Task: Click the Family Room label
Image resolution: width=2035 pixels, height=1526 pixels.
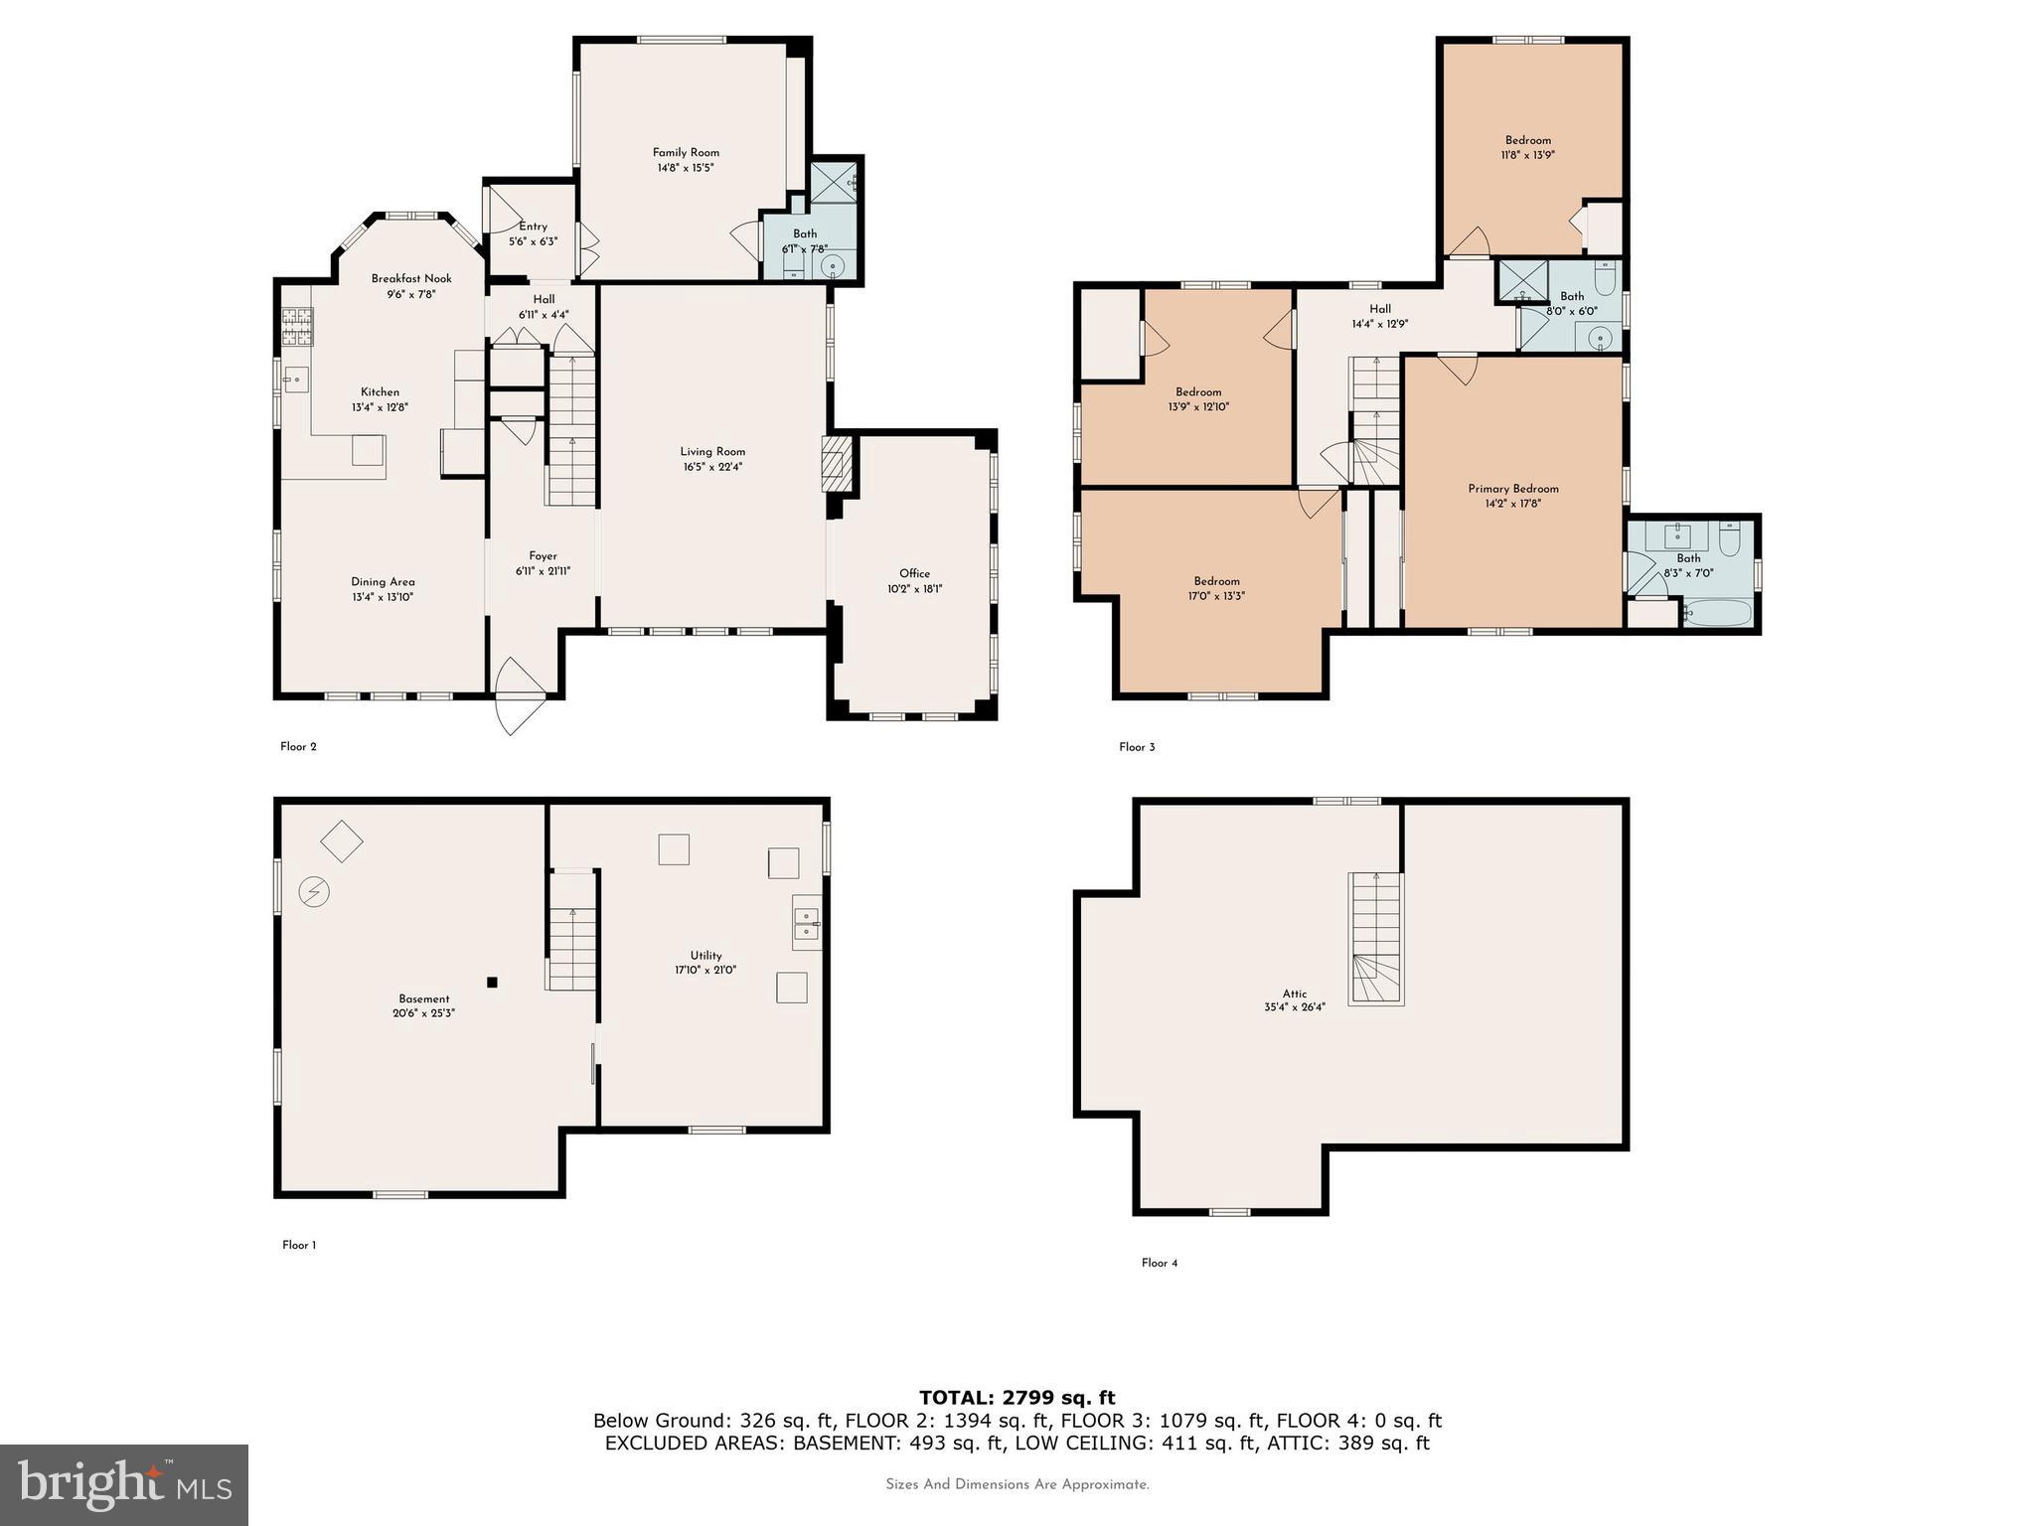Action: [686, 153]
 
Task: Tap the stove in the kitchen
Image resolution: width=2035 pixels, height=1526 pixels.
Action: [296, 327]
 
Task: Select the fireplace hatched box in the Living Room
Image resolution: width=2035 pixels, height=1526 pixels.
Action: [838, 463]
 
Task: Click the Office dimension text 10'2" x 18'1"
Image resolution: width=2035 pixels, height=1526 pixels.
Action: [914, 589]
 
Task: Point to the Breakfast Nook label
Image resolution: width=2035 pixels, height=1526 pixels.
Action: [411, 279]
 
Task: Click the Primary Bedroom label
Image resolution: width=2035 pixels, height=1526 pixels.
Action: [1512, 489]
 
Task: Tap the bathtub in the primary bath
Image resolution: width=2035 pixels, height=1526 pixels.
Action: [1719, 612]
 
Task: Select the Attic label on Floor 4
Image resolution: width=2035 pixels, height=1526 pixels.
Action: [1294, 993]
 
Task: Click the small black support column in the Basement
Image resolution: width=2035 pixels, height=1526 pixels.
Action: [492, 983]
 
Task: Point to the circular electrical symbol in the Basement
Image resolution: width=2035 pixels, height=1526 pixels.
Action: [315, 892]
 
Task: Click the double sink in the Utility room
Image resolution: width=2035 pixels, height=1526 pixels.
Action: [806, 924]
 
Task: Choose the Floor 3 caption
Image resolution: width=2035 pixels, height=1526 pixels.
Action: [1137, 747]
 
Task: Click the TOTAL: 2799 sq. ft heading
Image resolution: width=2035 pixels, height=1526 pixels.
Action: [1017, 1398]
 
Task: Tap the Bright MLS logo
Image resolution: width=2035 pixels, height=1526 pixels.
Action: [124, 1484]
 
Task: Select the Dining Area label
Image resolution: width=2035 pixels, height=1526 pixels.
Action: [383, 582]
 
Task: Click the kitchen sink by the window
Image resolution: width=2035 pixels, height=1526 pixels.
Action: [295, 379]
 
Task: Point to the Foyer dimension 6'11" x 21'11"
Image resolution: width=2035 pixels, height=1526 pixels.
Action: [543, 571]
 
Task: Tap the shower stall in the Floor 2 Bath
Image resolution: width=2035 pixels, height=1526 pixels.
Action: [833, 183]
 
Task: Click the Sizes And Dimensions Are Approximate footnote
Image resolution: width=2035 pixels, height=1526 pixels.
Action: [1017, 1484]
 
